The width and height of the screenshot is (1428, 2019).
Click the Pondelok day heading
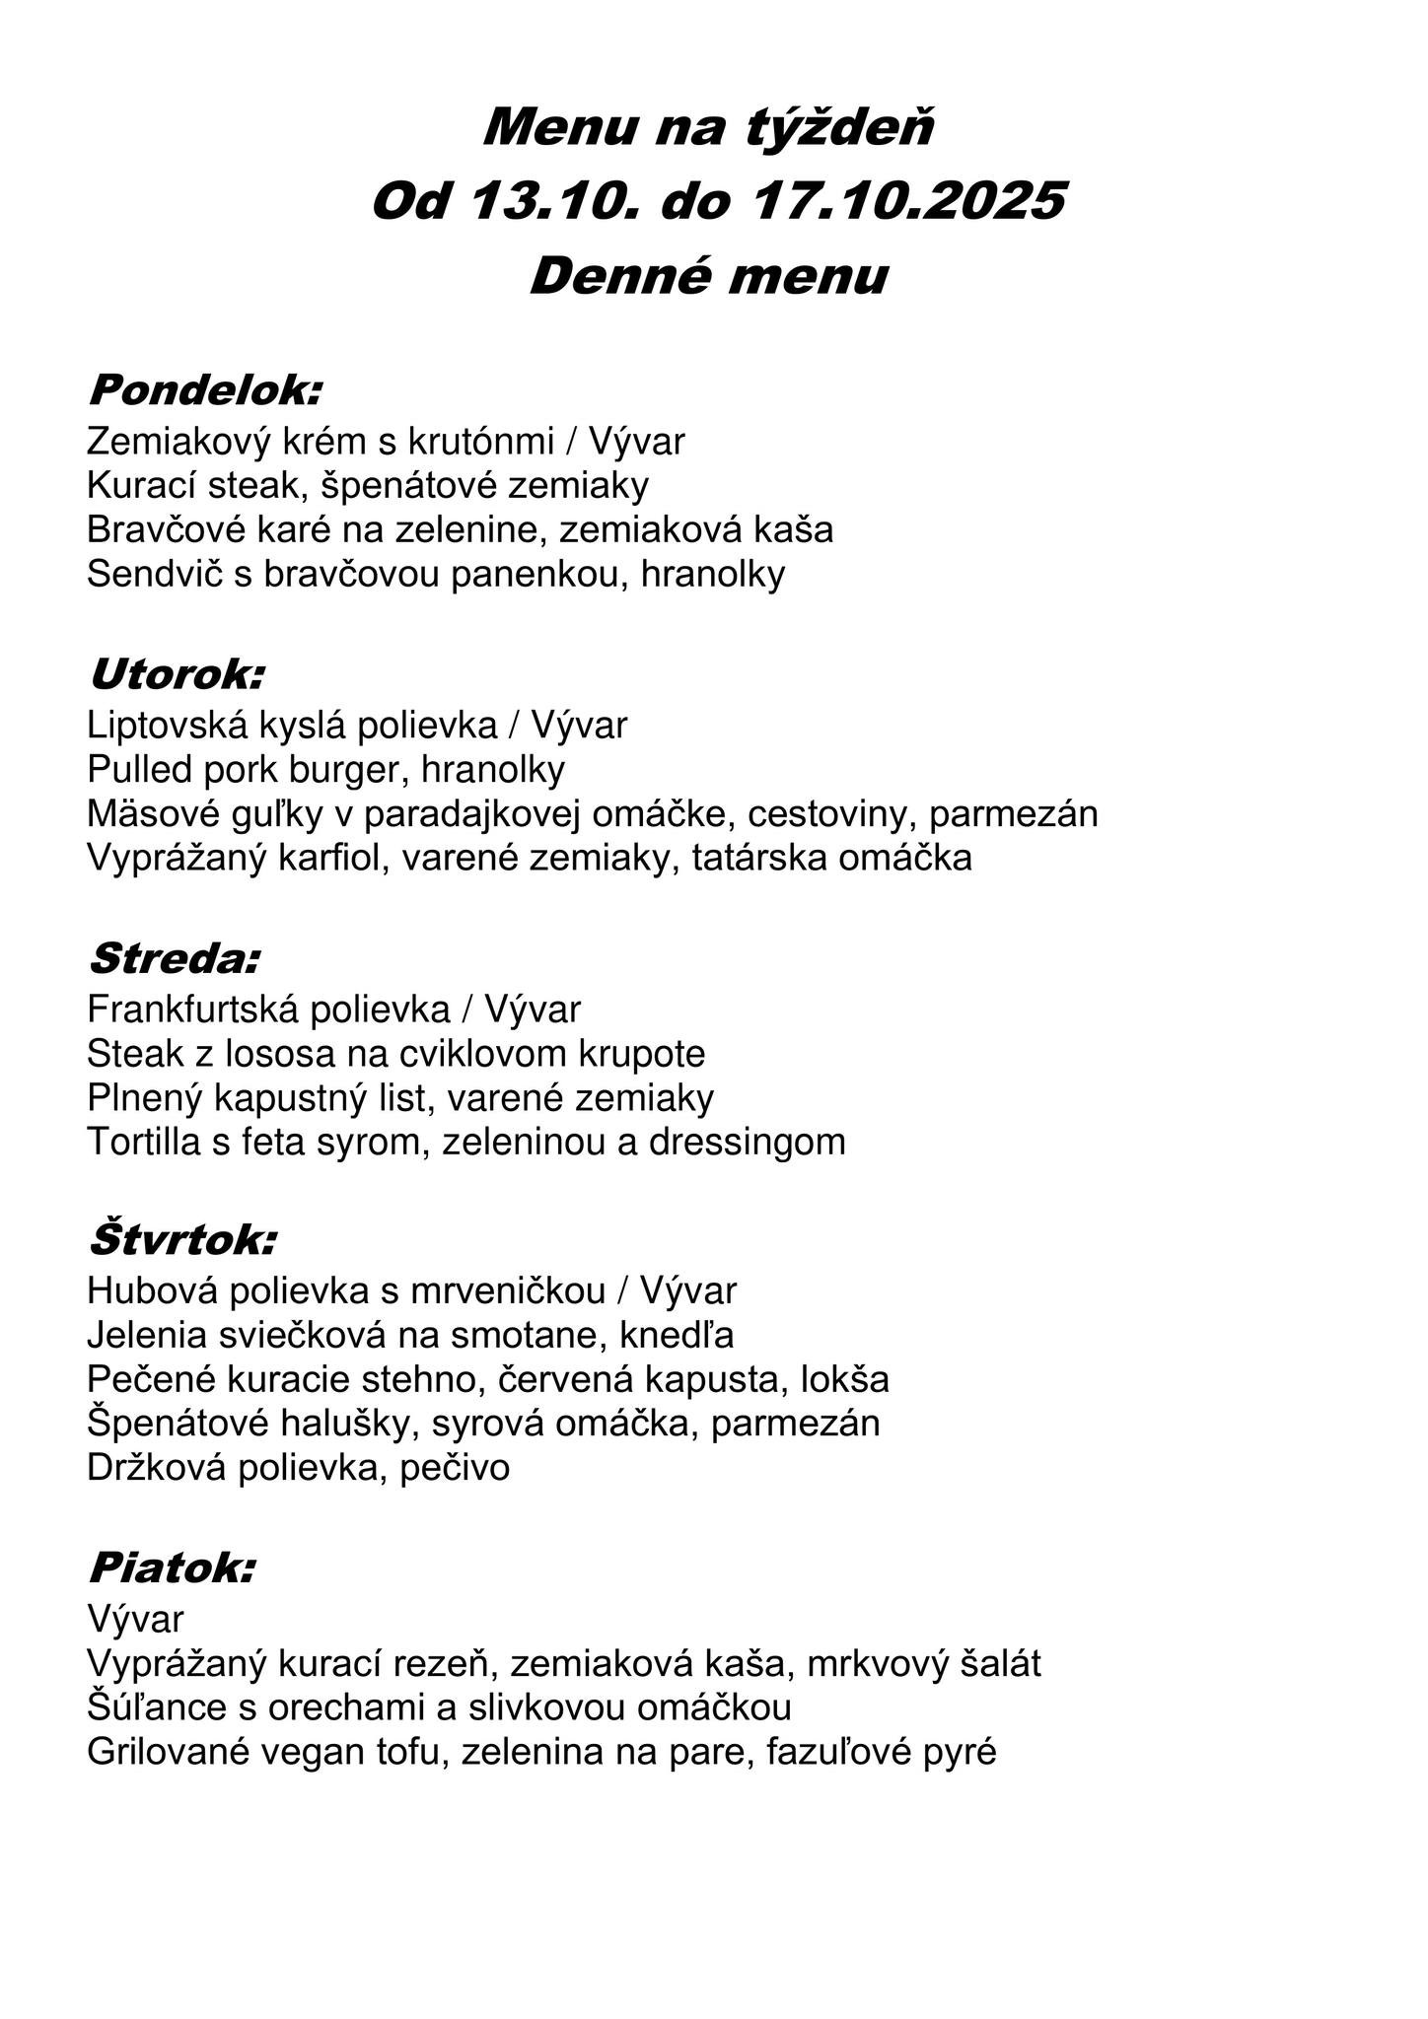pyautogui.click(x=205, y=390)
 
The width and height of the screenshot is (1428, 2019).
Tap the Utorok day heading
pyautogui.click(x=177, y=675)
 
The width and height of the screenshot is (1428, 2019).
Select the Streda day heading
pyautogui.click(x=175, y=957)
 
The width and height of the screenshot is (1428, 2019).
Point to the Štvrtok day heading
pyautogui.click(x=182, y=1240)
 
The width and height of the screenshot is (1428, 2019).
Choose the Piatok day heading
pyautogui.click(x=172, y=1566)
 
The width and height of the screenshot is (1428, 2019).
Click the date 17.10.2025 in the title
pyautogui.click(x=908, y=202)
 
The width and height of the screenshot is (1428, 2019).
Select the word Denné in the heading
pyautogui.click(x=619, y=276)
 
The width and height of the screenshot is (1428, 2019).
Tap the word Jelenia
pyautogui.click(x=147, y=1336)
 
